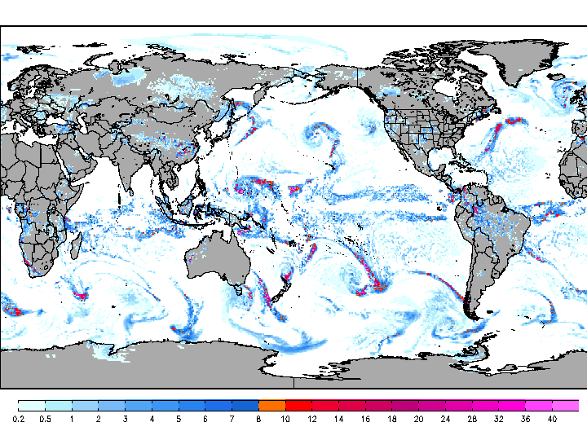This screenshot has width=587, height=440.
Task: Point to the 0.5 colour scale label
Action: tap(45, 419)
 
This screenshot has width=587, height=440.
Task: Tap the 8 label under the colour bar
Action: tap(258, 419)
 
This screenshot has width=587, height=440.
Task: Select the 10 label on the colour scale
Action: tap(285, 419)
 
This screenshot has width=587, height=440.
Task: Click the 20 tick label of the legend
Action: tap(419, 419)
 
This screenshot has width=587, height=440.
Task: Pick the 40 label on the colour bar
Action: tap(553, 419)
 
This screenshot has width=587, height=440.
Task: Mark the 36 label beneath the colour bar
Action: tap(526, 419)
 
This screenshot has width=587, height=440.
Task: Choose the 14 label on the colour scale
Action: tap(338, 419)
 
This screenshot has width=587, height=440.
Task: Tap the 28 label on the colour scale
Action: tap(472, 419)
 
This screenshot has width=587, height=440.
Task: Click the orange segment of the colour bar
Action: tap(271, 405)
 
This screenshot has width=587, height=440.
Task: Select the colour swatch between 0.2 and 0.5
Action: tap(31, 405)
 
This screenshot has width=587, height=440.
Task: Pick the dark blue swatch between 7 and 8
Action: tap(245, 405)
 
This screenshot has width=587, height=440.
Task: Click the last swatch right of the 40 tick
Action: tap(566, 405)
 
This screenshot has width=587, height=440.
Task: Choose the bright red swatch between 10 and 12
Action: tap(298, 405)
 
